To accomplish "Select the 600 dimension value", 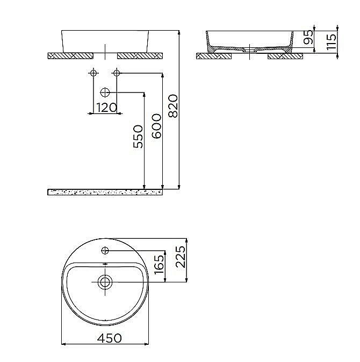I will pos(156,126).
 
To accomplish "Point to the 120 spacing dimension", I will pos(106,107).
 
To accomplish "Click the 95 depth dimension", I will pos(308,38).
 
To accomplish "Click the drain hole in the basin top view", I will pos(105,281).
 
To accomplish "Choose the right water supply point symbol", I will pos(116,73).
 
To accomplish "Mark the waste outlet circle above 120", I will pos(105,93).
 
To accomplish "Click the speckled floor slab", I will pos(105,192).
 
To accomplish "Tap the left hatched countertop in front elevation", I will pos(70,55).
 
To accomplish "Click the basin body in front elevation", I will pos(105,40).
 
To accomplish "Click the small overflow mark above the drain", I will pos(105,264).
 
